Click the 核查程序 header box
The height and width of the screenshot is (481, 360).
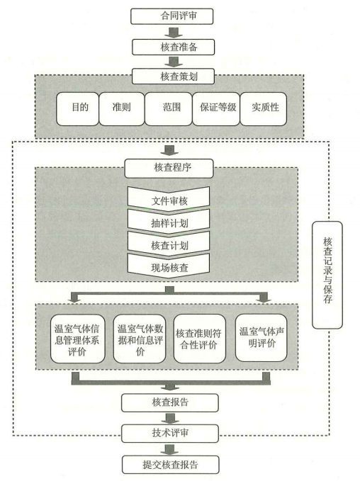click(169, 169)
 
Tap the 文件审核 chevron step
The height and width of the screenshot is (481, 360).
click(169, 199)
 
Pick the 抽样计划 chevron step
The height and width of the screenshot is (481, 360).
click(169, 221)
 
